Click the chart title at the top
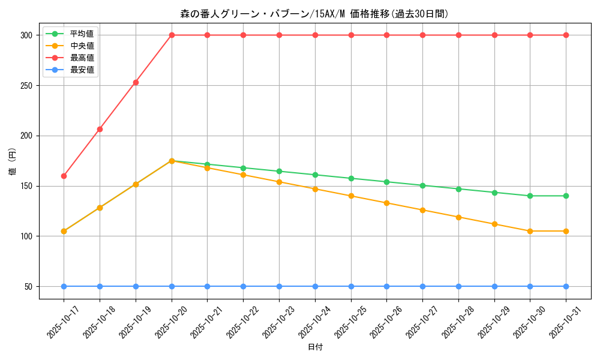[314, 14]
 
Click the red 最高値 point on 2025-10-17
[64, 176]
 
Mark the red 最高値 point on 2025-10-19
[136, 82]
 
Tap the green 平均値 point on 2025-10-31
[566, 196]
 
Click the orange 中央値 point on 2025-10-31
[566, 231]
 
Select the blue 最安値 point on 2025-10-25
[351, 286]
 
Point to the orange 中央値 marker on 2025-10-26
[386, 203]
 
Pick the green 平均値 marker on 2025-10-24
[315, 175]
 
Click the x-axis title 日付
[315, 347]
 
